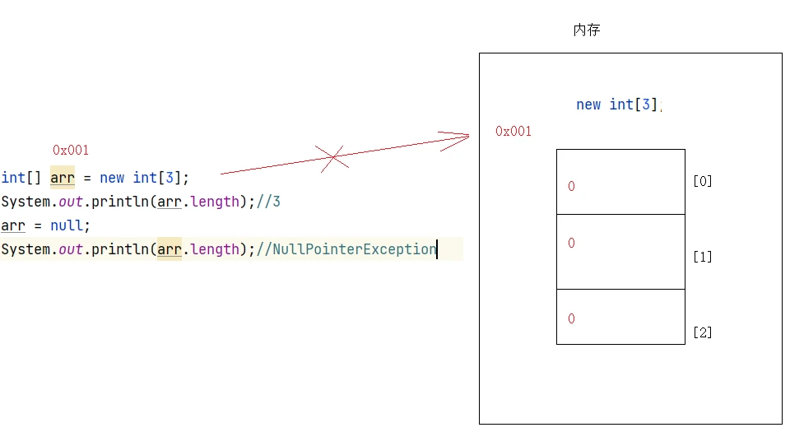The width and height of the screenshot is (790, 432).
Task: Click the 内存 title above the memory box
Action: [587, 30]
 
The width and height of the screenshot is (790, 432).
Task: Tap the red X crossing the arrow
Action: [332, 158]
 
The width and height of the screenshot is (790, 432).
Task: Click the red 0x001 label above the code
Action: [71, 150]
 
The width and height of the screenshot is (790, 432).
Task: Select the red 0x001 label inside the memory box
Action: [513, 132]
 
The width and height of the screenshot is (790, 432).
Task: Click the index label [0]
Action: [702, 181]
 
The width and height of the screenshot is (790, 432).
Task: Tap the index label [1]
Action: [702, 257]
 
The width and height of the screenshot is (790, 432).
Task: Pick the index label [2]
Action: [702, 332]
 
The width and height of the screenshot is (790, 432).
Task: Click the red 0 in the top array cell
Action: [571, 186]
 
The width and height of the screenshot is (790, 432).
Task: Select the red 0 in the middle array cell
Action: [571, 244]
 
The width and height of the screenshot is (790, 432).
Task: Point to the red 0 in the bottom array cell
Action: [571, 318]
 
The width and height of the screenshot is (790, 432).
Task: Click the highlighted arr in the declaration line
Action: [63, 178]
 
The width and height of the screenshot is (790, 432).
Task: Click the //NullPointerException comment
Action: [346, 249]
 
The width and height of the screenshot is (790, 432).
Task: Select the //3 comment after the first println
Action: [268, 202]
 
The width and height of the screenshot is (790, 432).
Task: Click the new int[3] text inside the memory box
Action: [617, 105]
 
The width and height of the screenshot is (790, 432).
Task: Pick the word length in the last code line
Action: [215, 249]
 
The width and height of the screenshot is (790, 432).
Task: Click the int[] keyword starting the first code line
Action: [21, 178]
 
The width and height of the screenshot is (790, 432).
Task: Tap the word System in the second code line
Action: [26, 202]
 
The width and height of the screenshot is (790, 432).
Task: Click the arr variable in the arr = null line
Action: [13, 225]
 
